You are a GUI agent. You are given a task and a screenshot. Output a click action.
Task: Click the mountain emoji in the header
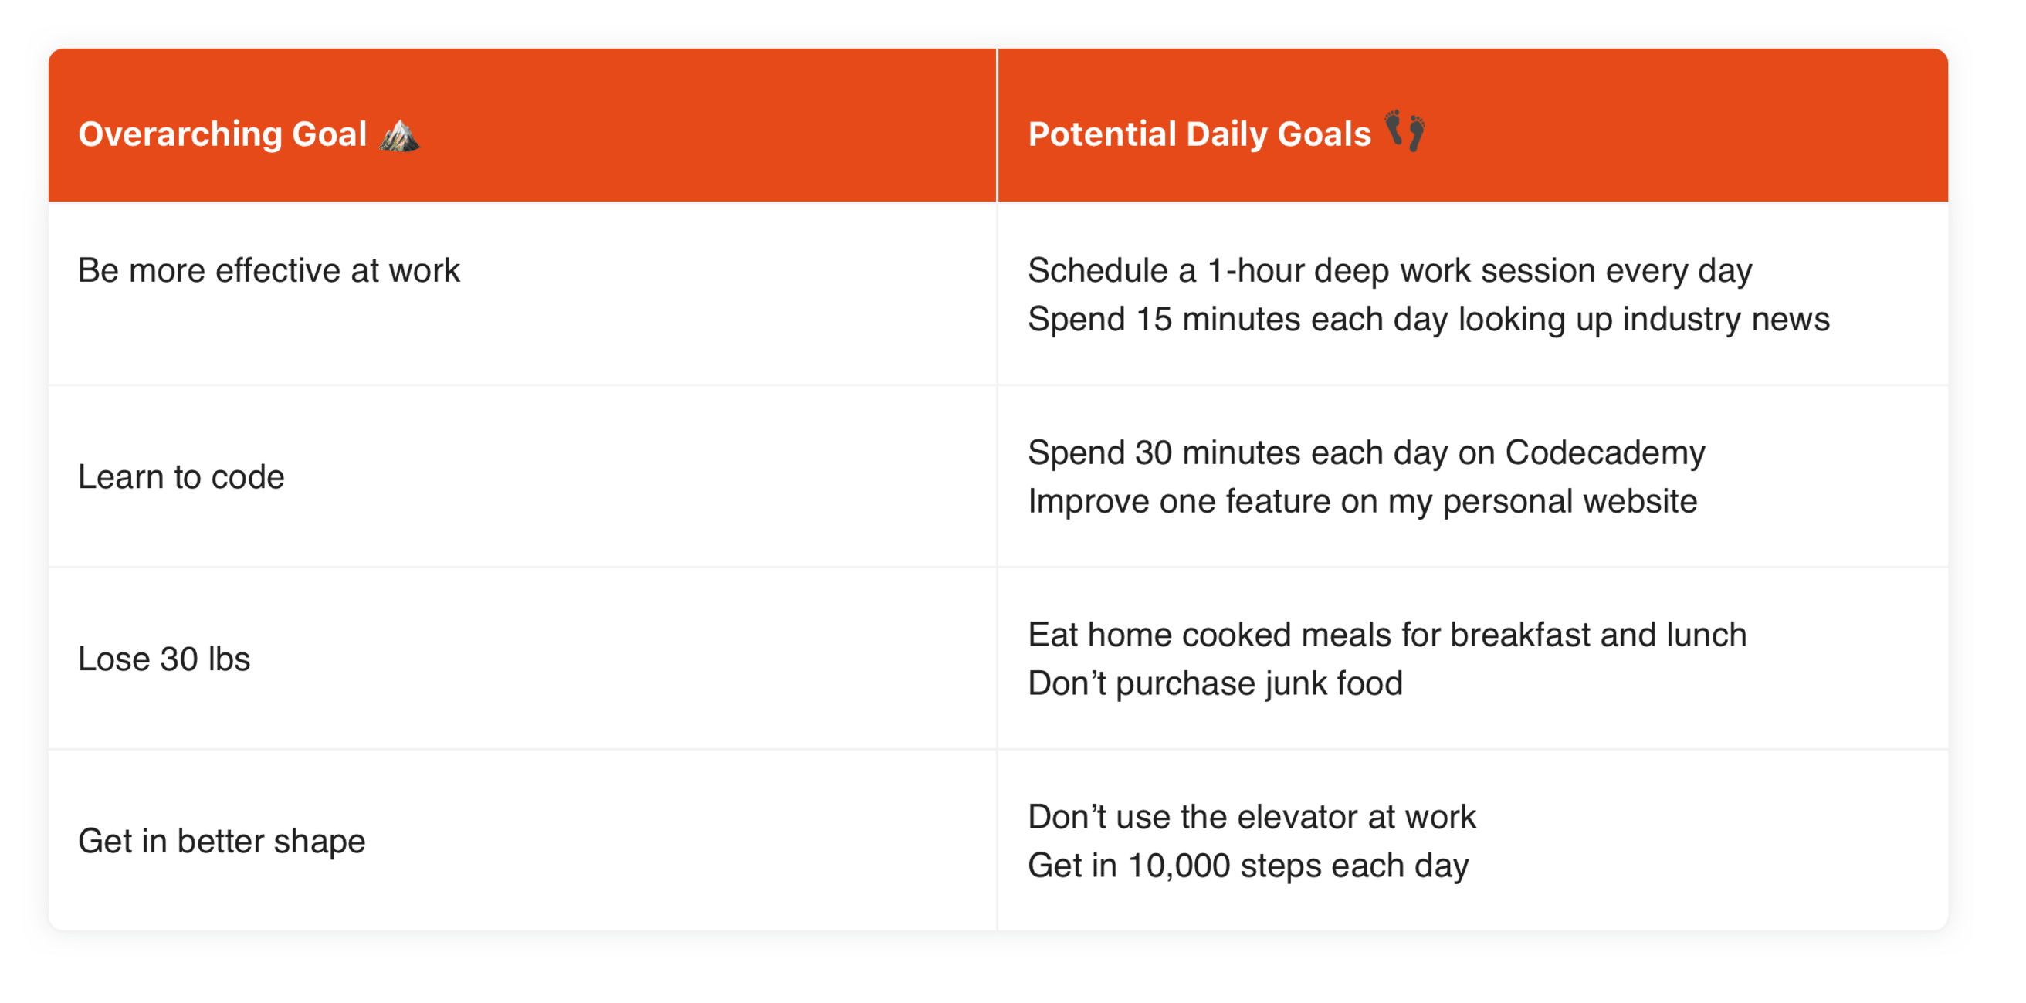[x=399, y=134]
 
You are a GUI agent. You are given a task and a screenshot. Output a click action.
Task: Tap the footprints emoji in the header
[x=1404, y=130]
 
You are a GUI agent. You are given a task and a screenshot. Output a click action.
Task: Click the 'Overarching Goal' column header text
[x=222, y=134]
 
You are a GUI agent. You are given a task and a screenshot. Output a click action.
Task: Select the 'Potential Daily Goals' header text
[x=1199, y=134]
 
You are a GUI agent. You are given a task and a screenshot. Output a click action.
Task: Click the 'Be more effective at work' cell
[x=268, y=270]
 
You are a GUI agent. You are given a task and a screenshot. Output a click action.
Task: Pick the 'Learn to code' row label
[x=181, y=476]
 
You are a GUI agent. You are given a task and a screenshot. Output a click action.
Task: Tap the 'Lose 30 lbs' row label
[x=164, y=659]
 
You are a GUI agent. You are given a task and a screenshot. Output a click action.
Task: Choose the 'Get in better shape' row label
[x=221, y=841]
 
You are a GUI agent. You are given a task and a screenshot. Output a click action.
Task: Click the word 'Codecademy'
[x=1604, y=453]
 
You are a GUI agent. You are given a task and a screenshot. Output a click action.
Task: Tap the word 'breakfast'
[x=1519, y=635]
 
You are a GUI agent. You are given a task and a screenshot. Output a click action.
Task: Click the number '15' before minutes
[x=1153, y=320]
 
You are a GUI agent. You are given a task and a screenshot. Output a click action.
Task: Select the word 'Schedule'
[x=1097, y=270]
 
